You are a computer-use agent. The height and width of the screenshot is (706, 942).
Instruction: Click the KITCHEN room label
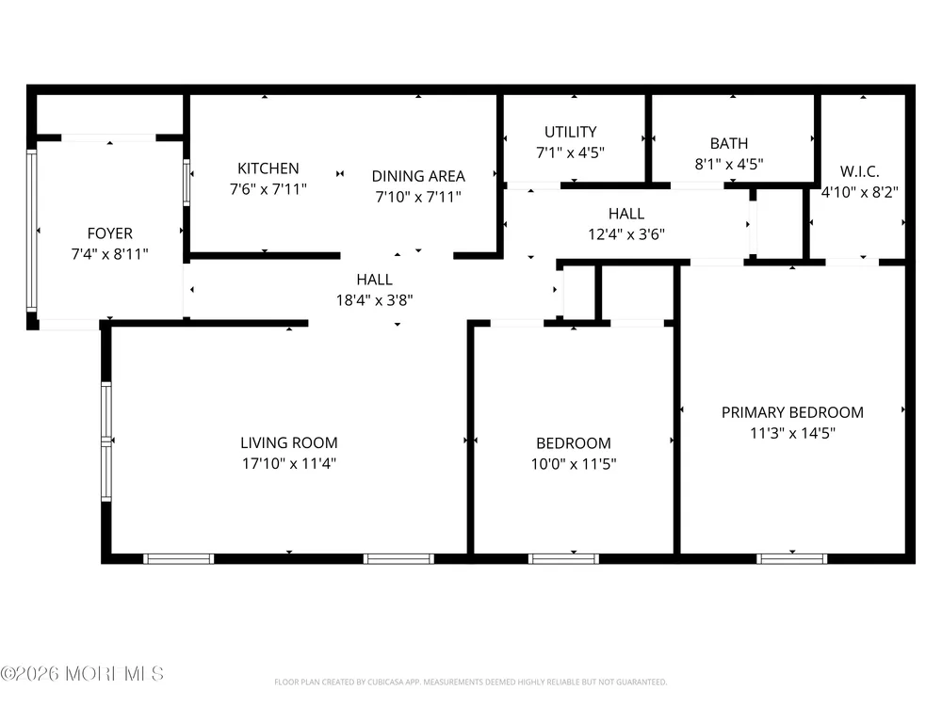click(268, 168)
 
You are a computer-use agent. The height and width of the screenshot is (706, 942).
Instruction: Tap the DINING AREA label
click(418, 177)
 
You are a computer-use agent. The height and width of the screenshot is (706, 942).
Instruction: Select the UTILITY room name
click(570, 132)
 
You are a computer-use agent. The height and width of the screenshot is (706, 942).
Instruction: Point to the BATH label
click(729, 143)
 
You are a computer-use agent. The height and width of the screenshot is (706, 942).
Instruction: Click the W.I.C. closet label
click(860, 171)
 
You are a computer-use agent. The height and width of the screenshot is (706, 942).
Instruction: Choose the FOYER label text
click(110, 233)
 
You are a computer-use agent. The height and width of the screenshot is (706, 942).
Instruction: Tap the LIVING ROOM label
click(289, 443)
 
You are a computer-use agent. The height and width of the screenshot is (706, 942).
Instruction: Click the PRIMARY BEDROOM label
click(792, 412)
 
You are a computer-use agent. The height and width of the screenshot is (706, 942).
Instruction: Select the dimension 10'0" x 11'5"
click(574, 464)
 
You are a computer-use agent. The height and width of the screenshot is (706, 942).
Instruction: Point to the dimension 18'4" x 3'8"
click(374, 300)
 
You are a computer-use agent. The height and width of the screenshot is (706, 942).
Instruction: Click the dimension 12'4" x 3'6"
click(626, 234)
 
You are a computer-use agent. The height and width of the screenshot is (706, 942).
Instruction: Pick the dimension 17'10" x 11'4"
click(289, 463)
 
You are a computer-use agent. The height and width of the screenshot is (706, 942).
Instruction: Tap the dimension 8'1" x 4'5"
click(729, 164)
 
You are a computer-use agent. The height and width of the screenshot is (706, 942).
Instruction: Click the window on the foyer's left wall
click(32, 231)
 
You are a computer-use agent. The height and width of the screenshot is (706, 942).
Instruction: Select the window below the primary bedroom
click(792, 559)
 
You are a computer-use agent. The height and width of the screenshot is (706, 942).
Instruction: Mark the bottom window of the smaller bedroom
click(563, 559)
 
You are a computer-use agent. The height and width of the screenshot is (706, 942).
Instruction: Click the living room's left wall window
click(106, 441)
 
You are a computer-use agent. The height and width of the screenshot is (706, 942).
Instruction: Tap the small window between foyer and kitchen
click(187, 183)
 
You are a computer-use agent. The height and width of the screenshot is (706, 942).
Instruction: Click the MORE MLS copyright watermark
click(82, 674)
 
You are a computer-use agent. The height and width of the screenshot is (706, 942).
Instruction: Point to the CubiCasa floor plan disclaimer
click(470, 682)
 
